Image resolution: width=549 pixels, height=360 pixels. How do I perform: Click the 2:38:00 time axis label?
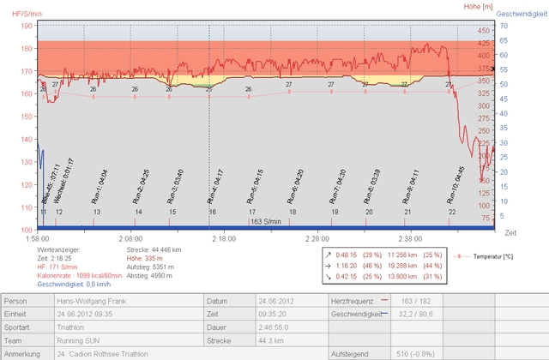click(410, 239)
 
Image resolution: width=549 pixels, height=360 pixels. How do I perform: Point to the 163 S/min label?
click(267, 221)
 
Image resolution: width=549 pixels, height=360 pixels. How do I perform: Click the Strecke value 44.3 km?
click(245, 340)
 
